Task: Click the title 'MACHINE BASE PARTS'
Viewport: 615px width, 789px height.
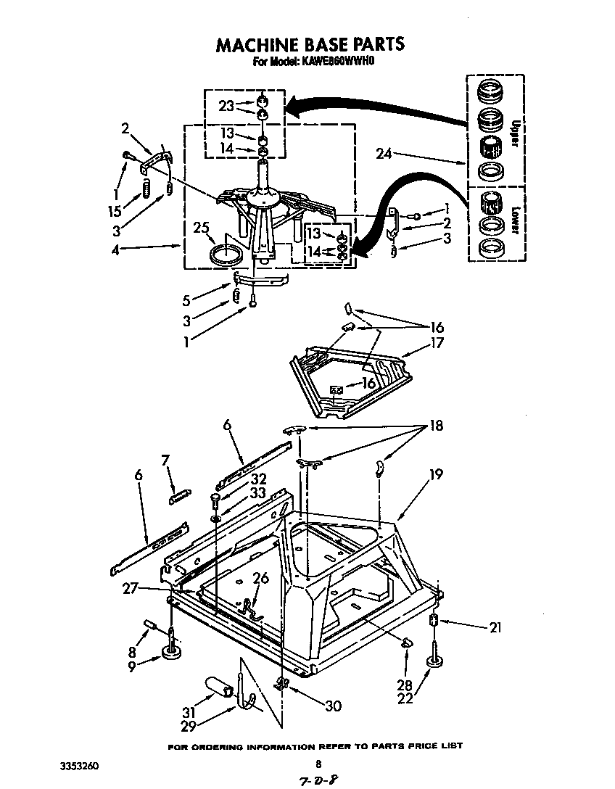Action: click(310, 44)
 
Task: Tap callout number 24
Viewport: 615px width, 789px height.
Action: click(385, 153)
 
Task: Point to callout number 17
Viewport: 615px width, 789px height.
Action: click(437, 344)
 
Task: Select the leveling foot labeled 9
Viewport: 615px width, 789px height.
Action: click(172, 654)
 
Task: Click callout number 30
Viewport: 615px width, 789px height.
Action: click(332, 705)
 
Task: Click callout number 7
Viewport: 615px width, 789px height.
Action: click(165, 460)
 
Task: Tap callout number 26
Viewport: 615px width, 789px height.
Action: click(260, 578)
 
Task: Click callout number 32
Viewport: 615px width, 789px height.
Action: click(238, 479)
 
